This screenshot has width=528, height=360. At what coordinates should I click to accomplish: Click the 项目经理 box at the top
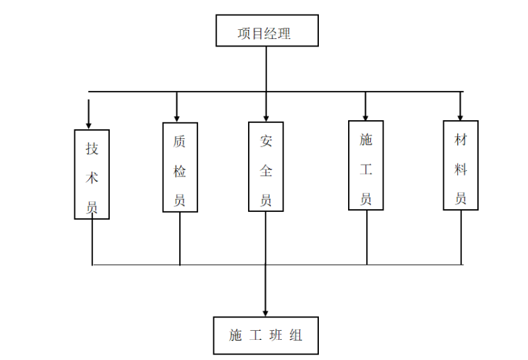(267, 31)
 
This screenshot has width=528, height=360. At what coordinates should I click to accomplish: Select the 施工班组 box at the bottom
(267, 335)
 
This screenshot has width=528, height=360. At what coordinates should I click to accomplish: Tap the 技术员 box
(92, 174)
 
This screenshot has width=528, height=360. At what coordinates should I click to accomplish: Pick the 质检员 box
(180, 167)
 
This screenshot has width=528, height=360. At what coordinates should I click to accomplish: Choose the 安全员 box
(266, 167)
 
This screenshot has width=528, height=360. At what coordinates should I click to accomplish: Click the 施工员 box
(366, 165)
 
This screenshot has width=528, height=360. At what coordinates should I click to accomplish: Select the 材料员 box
(461, 165)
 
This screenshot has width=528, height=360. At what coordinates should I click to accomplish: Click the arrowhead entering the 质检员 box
(177, 117)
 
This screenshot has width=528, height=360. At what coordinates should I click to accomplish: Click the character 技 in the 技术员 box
(92, 148)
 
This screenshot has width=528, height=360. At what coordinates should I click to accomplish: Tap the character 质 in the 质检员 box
(179, 141)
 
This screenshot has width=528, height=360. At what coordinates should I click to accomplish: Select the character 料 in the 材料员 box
(461, 170)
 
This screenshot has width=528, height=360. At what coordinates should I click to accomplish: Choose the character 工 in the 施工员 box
(366, 170)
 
